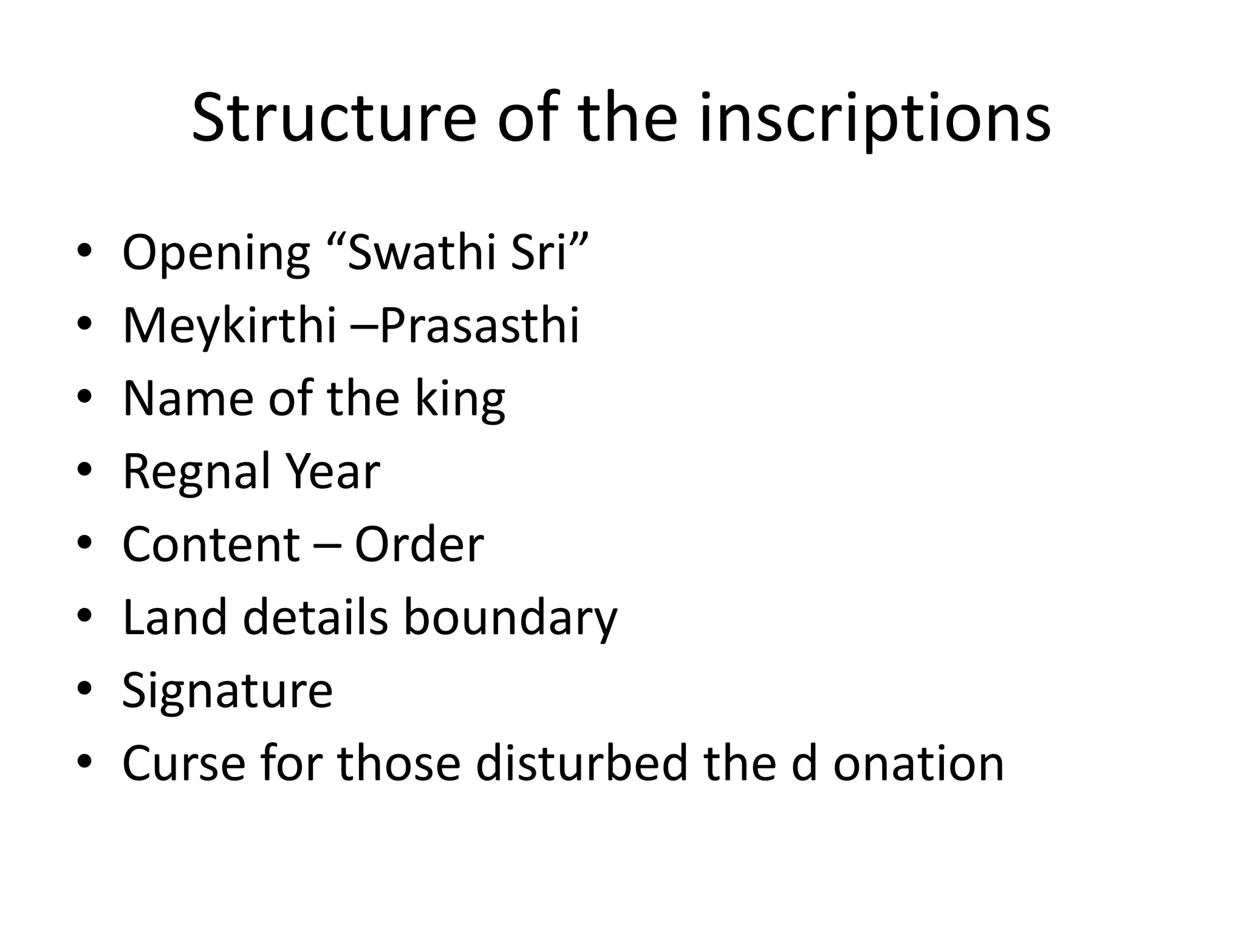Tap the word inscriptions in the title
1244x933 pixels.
(x=875, y=119)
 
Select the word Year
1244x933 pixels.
(x=333, y=471)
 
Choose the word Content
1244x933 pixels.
(x=211, y=544)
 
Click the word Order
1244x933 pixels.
(x=419, y=544)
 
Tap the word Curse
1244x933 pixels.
(x=184, y=763)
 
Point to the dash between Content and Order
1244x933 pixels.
(x=327, y=545)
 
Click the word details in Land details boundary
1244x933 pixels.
(x=316, y=617)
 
